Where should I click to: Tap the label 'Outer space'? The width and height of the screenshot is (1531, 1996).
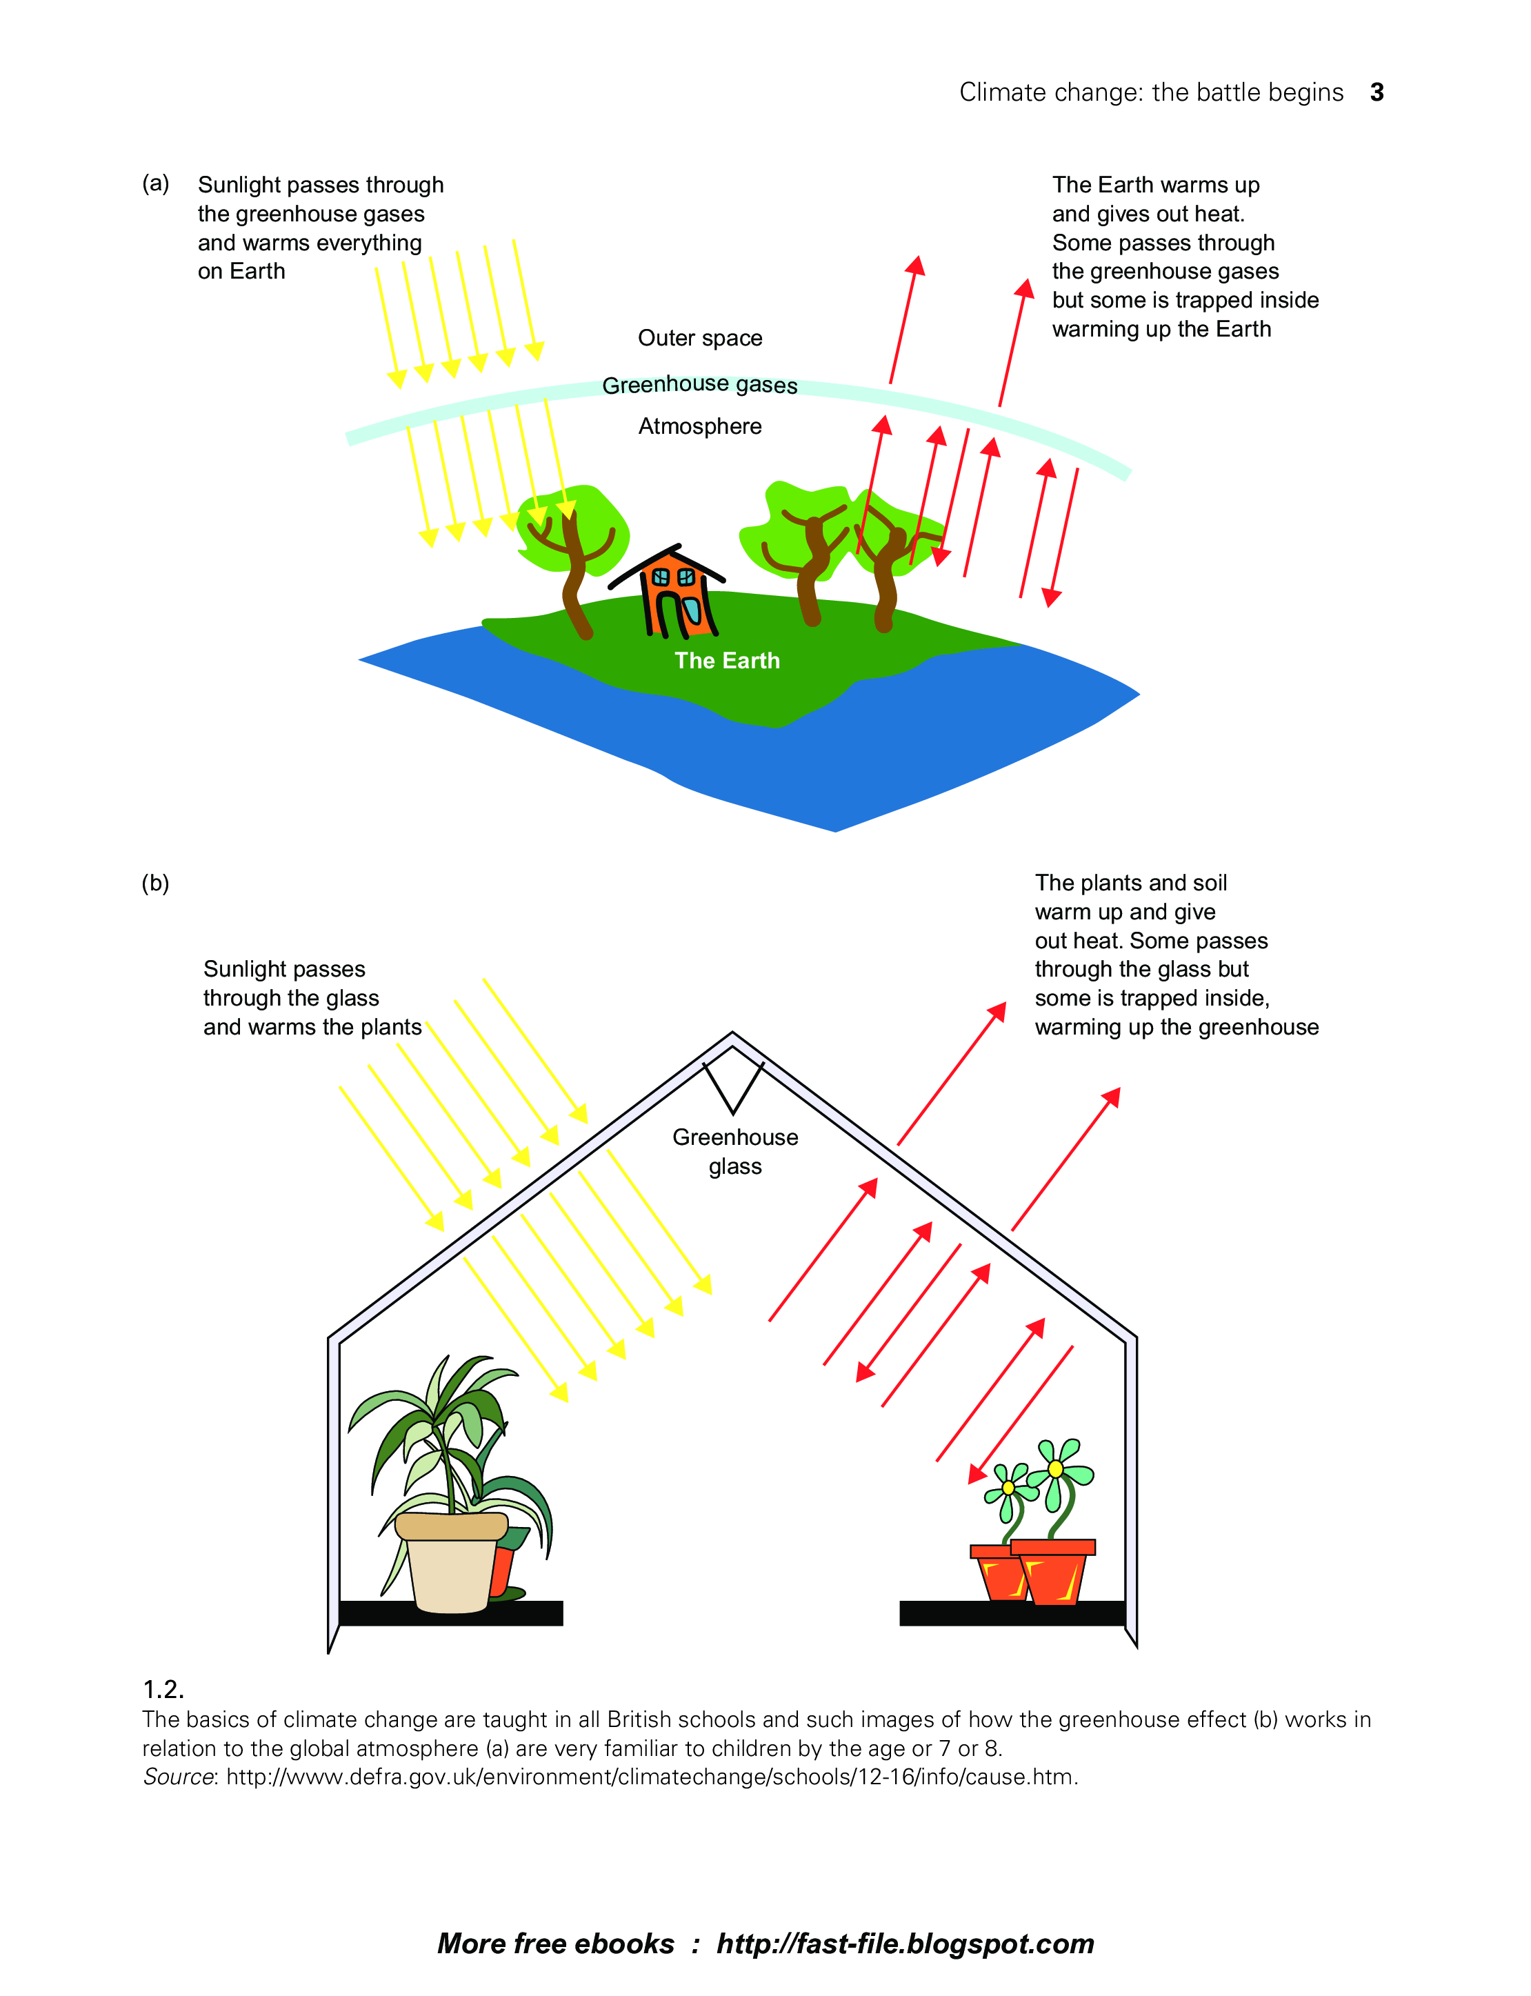tap(700, 338)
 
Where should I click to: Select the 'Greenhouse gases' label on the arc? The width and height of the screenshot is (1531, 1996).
tap(700, 385)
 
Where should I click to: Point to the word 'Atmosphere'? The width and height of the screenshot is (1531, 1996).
tap(700, 426)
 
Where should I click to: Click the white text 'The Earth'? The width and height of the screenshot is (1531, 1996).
tap(727, 661)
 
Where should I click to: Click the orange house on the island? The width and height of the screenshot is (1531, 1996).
tap(675, 598)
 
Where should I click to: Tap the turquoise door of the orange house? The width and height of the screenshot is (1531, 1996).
tap(692, 610)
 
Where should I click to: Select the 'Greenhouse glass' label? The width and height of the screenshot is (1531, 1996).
tap(735, 1151)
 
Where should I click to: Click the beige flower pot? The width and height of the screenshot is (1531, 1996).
tap(451, 1560)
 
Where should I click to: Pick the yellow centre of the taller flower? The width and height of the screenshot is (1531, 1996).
tap(1055, 1468)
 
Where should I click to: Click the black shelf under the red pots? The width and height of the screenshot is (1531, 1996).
tap(1012, 1613)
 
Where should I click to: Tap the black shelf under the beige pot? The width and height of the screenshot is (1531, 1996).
tap(451, 1613)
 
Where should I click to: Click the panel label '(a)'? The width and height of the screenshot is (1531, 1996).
tap(156, 183)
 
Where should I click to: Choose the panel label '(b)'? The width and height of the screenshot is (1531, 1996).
tap(156, 882)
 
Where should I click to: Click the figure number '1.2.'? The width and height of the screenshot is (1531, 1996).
tap(164, 1689)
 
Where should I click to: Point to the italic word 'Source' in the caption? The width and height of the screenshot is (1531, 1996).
tap(178, 1777)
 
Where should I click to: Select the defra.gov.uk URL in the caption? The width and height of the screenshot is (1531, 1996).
tap(651, 1777)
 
